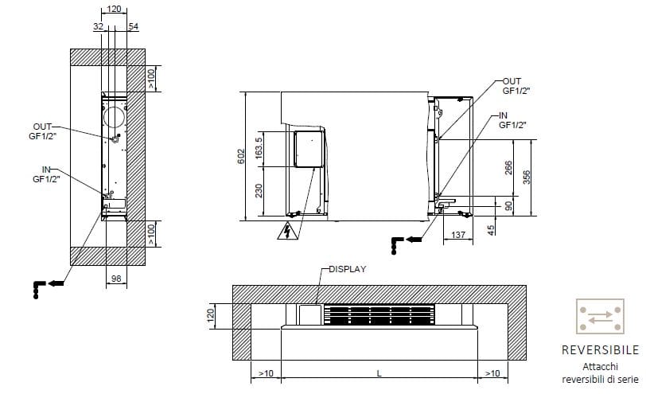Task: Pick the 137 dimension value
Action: pos(457,235)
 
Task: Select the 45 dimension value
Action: pos(491,230)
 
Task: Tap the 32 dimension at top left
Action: pos(98,27)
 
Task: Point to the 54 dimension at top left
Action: pos(133,27)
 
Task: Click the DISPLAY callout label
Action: pos(347,269)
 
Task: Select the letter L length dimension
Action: pos(379,373)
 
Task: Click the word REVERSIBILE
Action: pos(600,350)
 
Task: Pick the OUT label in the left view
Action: pos(43,127)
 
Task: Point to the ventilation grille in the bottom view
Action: pos(379,315)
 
